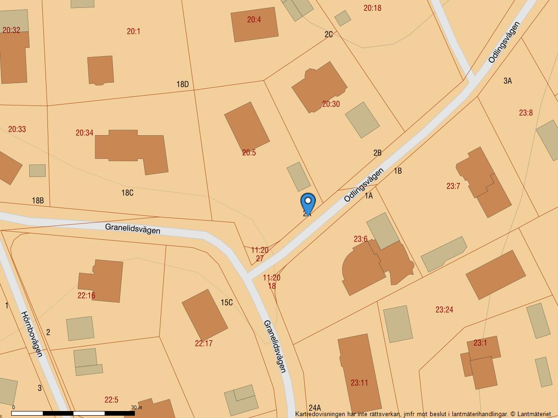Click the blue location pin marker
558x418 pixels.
308,203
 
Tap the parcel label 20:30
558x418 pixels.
331,104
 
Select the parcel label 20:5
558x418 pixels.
249,152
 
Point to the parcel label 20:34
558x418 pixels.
85,133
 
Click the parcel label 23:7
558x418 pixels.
453,186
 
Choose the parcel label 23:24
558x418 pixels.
444,309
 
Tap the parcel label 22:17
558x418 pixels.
204,344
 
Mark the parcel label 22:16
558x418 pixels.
86,295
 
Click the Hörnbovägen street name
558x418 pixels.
32,334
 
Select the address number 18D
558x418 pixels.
182,85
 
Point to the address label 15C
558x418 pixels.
226,303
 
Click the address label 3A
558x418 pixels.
507,81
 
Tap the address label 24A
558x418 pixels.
315,408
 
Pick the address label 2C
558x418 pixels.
329,34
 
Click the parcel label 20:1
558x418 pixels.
133,31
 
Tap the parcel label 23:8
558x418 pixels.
526,112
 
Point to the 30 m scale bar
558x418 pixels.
73,413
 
